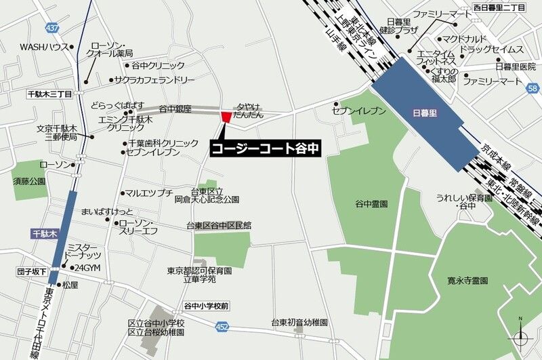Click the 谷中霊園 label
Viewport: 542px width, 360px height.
tap(371, 203)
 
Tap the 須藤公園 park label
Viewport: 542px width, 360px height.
tap(28, 182)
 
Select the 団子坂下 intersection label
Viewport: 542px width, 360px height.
tap(32, 271)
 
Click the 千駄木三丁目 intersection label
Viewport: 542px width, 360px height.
tap(49, 95)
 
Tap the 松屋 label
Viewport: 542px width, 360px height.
tap(70, 285)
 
